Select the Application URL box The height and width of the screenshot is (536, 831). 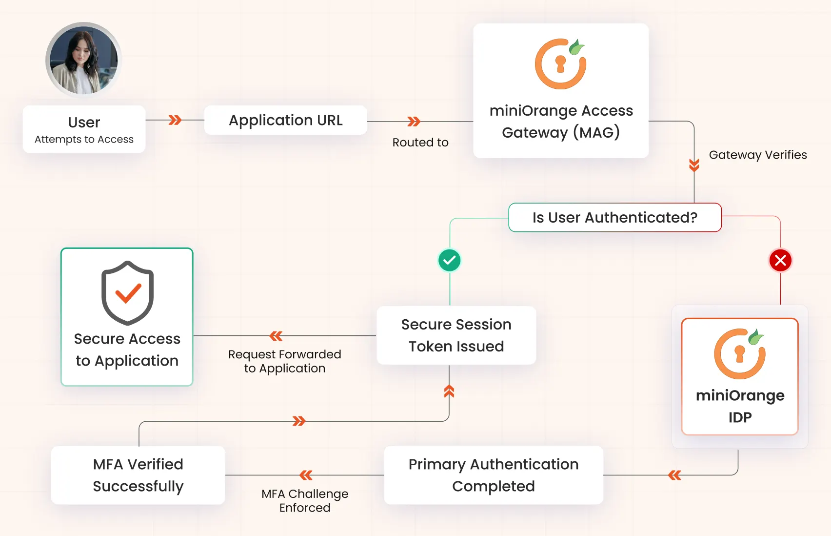click(285, 120)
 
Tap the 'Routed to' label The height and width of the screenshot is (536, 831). click(420, 143)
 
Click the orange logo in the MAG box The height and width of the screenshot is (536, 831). click(560, 64)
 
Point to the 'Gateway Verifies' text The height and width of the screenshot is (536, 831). click(757, 155)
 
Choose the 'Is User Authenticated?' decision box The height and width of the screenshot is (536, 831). click(614, 217)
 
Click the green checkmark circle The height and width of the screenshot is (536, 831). click(449, 260)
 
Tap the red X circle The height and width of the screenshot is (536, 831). click(780, 260)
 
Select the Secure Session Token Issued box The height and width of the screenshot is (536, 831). click(456, 335)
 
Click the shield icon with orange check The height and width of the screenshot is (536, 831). click(127, 293)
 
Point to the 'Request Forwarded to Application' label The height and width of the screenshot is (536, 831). click(284, 361)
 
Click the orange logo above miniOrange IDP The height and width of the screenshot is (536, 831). click(739, 354)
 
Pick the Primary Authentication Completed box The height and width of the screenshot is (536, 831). click(493, 475)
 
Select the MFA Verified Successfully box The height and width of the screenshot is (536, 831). click(138, 475)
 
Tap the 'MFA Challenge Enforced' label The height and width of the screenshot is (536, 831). click(305, 500)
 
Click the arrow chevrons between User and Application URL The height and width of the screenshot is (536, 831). click(175, 120)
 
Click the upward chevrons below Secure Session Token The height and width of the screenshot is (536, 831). click(449, 392)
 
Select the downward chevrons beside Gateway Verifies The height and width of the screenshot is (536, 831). click(694, 165)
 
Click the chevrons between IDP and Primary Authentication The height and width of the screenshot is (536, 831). click(674, 475)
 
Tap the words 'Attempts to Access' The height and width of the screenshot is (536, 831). click(84, 140)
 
